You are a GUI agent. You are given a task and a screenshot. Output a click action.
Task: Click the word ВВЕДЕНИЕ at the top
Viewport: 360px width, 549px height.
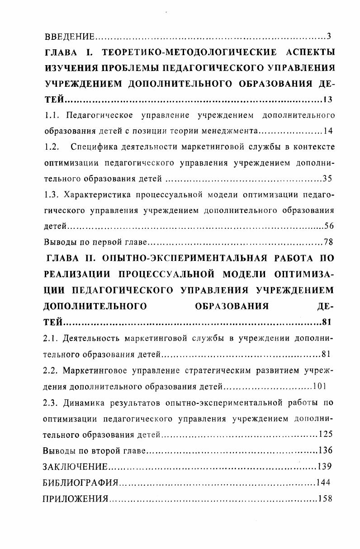pos(69,36)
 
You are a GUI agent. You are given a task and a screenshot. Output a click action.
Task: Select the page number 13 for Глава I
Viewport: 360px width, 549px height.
pos(328,99)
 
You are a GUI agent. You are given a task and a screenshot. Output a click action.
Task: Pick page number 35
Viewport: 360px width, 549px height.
pos(328,179)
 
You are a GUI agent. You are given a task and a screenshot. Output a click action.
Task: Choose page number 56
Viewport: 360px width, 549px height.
pos(329,226)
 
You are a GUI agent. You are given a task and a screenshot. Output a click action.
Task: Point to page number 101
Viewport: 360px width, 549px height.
pos(319,387)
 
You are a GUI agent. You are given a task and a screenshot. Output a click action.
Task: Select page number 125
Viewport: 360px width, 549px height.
pos(326,435)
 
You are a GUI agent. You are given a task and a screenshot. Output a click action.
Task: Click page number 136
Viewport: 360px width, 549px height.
pos(326,450)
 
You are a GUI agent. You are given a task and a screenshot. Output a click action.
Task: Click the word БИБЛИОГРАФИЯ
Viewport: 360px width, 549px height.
pos(80,483)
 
